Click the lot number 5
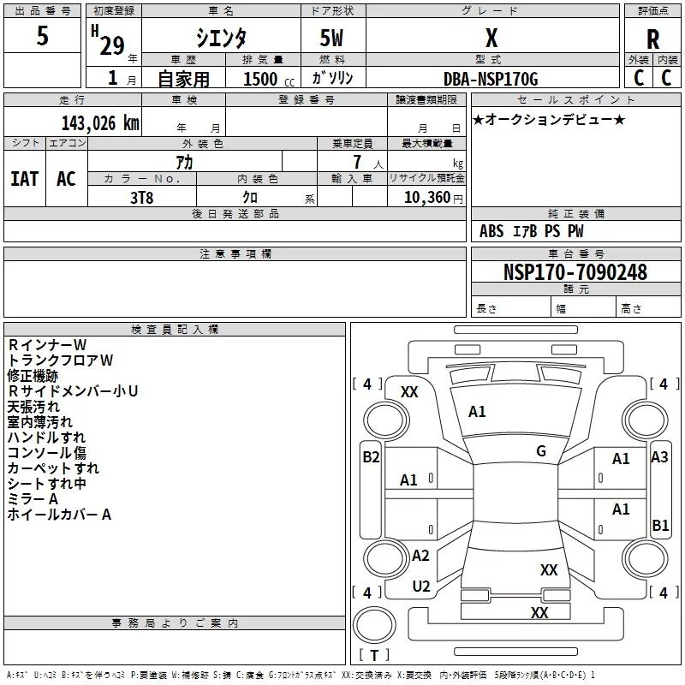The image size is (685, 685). pos(42,35)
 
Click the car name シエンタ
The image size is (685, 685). pos(221,38)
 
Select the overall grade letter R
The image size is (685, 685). pos(652,39)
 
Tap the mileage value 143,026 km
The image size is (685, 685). pos(100,123)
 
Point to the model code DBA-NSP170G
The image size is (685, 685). pos(491,79)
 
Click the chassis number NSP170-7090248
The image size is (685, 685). pos(575,271)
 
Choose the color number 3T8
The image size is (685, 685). pos(142,198)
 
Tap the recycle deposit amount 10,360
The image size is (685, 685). pos(426,198)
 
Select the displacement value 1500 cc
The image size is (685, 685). pos(269,79)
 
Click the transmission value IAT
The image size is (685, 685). pos(25,179)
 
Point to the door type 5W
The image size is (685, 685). pos(331,38)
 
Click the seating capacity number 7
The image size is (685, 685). pos(357,162)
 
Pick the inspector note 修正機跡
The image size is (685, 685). pos(33,376)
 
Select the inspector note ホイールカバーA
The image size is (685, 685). pos(59,515)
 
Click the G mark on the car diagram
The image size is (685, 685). pos(541,451)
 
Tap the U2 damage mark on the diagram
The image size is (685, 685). pos(421,587)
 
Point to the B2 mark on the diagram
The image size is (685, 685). pos(371,457)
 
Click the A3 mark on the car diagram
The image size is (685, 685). pos(659,457)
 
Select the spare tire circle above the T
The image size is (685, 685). pos(374,625)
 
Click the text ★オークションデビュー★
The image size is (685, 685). pos(549,119)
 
